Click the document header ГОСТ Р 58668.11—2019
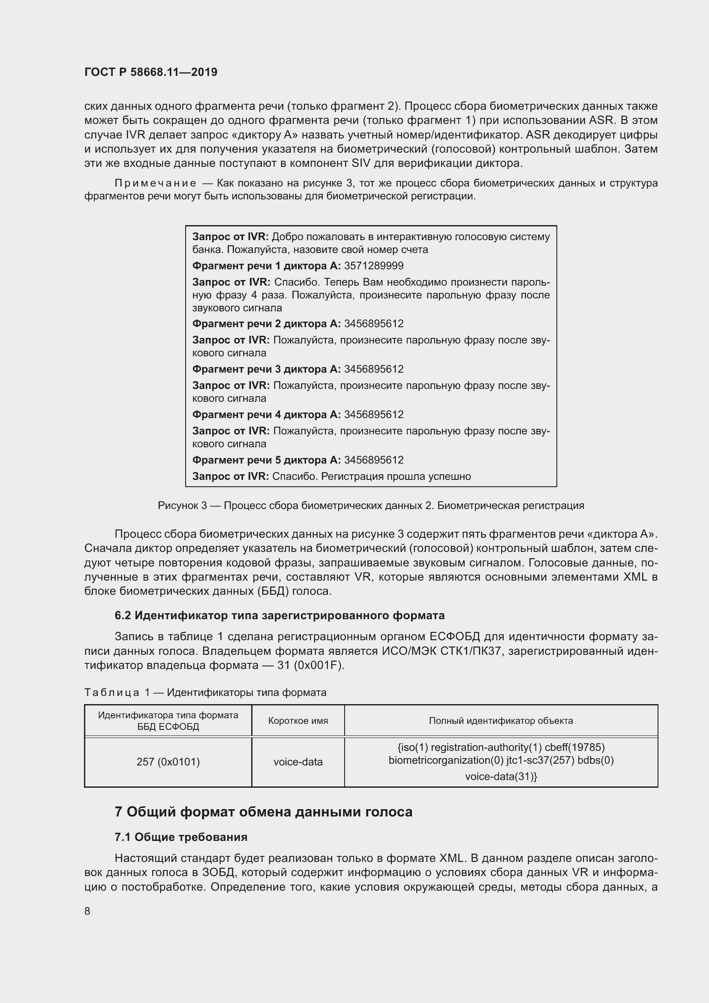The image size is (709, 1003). pyautogui.click(x=150, y=72)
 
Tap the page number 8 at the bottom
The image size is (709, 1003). pyautogui.click(x=87, y=911)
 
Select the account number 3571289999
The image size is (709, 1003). pyautogui.click(x=374, y=265)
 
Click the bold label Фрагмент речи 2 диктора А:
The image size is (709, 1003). pyautogui.click(x=266, y=324)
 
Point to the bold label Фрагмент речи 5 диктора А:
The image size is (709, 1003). pyautogui.click(x=266, y=460)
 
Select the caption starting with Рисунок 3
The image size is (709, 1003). pyautogui.click(x=371, y=506)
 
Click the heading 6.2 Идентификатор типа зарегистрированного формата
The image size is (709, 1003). pyautogui.click(x=279, y=615)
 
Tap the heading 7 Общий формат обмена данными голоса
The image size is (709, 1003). pyautogui.click(x=263, y=812)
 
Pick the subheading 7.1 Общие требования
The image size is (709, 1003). pyautogui.click(x=181, y=837)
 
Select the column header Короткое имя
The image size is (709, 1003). pyautogui.click(x=298, y=720)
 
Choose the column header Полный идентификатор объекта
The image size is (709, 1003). pyautogui.click(x=501, y=720)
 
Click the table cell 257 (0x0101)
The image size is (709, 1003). pyautogui.click(x=168, y=762)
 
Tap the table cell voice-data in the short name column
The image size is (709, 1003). pyautogui.click(x=298, y=762)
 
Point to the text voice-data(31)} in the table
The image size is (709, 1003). pyautogui.click(x=501, y=776)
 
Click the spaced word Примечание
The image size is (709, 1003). pyautogui.click(x=156, y=183)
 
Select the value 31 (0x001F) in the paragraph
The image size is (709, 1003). pyautogui.click(x=310, y=666)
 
